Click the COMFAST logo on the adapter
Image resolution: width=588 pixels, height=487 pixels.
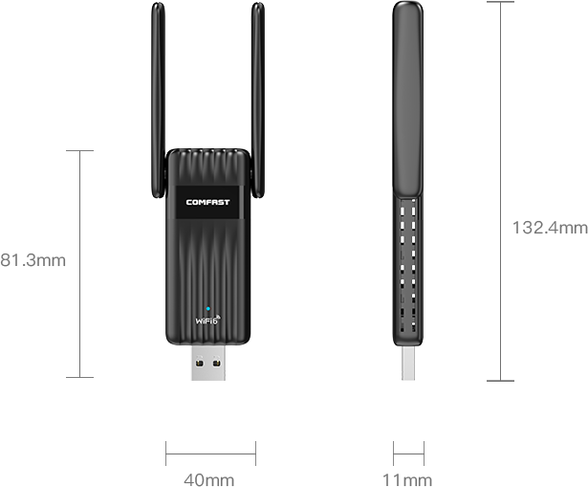[207, 202]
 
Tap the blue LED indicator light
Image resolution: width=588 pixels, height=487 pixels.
[208, 309]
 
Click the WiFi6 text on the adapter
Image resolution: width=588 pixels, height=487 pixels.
[207, 320]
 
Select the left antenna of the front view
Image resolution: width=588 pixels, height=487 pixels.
[158, 100]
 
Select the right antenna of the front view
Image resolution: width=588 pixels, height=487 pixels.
[258, 100]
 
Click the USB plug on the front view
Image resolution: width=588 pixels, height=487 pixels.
[208, 363]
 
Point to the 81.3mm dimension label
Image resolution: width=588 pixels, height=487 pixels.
[33, 260]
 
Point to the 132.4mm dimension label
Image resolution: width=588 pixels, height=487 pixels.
[550, 228]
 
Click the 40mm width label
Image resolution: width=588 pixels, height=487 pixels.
[208, 480]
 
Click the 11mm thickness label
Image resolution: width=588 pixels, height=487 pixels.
[407, 480]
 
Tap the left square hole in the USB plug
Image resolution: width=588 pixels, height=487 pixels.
[200, 364]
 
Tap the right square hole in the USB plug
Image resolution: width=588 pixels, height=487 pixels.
[217, 364]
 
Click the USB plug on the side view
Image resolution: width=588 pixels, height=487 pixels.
[408, 364]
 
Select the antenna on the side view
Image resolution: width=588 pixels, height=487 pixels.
[408, 100]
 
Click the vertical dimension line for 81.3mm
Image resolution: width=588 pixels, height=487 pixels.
[80, 264]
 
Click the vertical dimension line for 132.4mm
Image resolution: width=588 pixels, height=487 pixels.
[500, 191]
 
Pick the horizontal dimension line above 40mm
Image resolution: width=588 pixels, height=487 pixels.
[210, 454]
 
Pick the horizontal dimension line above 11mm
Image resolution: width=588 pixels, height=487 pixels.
[409, 454]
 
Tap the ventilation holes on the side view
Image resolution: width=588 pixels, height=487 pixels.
[407, 265]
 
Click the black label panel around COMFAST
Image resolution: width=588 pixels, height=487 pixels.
[207, 202]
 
